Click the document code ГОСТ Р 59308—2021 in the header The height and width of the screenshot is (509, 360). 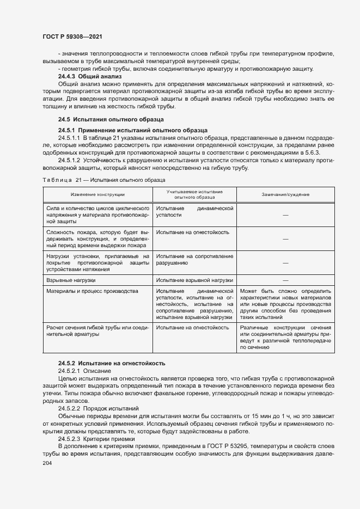pyautogui.click(x=72, y=36)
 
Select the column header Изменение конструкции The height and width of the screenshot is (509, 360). pyautogui.click(x=97, y=194)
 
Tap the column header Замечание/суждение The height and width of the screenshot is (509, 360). pyautogui.click(x=285, y=194)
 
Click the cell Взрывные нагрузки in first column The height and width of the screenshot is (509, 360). pyautogui.click(x=71, y=280)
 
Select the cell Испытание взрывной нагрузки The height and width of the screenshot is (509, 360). pyautogui.click(x=194, y=280)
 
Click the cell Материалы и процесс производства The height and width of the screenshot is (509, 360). pyautogui.click(x=92, y=291)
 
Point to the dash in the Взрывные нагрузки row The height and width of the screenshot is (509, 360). pyautogui.click(x=285, y=280)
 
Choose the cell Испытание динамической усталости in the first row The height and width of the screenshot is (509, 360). pyautogui.click(x=194, y=212)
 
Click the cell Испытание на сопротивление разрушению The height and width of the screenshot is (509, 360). pyautogui.click(x=194, y=259)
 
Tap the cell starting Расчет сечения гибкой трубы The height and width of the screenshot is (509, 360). pyautogui.click(x=97, y=331)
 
